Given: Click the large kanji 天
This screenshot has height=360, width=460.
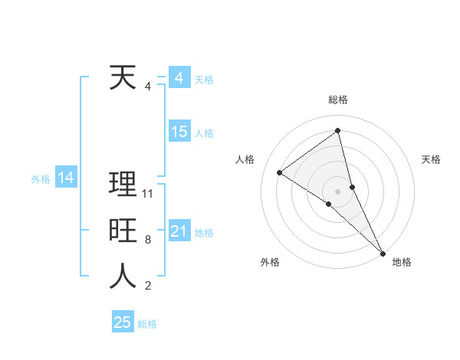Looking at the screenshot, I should (123, 77).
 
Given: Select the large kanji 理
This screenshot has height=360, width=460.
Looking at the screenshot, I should (123, 185).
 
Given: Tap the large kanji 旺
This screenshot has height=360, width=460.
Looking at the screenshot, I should (123, 231).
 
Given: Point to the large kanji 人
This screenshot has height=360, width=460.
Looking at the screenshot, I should (123, 277).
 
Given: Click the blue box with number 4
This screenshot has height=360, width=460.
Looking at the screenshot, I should (179, 78).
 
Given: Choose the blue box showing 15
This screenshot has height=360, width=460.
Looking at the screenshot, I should (179, 132).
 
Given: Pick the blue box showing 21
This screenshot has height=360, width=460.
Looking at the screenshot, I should (179, 231).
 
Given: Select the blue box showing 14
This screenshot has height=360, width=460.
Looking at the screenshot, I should (65, 178).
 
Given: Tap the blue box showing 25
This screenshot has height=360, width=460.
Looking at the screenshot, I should (123, 322).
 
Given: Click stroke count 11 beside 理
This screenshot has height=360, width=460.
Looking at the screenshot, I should (148, 194).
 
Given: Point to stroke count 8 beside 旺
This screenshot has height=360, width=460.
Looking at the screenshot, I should (148, 240).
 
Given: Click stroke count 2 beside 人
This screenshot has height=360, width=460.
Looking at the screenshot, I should (148, 286).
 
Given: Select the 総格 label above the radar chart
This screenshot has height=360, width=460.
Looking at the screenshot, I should (337, 100).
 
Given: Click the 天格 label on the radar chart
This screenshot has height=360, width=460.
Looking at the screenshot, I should (432, 159).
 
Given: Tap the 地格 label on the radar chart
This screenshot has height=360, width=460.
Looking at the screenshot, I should (402, 263).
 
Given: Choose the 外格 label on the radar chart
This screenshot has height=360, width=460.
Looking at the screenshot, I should (270, 263).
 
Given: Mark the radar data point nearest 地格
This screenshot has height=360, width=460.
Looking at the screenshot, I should (383, 252).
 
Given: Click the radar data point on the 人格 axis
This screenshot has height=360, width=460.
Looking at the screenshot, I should (280, 172).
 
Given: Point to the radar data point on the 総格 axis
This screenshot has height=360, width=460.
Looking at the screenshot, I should (337, 130).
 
